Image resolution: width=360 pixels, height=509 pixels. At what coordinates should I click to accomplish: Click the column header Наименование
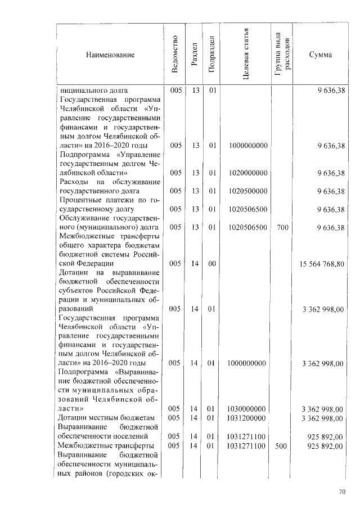point(110,55)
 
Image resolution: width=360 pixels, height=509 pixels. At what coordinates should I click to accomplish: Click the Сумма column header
point(321,55)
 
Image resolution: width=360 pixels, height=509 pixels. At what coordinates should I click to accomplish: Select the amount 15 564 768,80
point(322,263)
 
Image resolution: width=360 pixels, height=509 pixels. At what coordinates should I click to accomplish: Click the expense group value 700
point(282,227)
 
